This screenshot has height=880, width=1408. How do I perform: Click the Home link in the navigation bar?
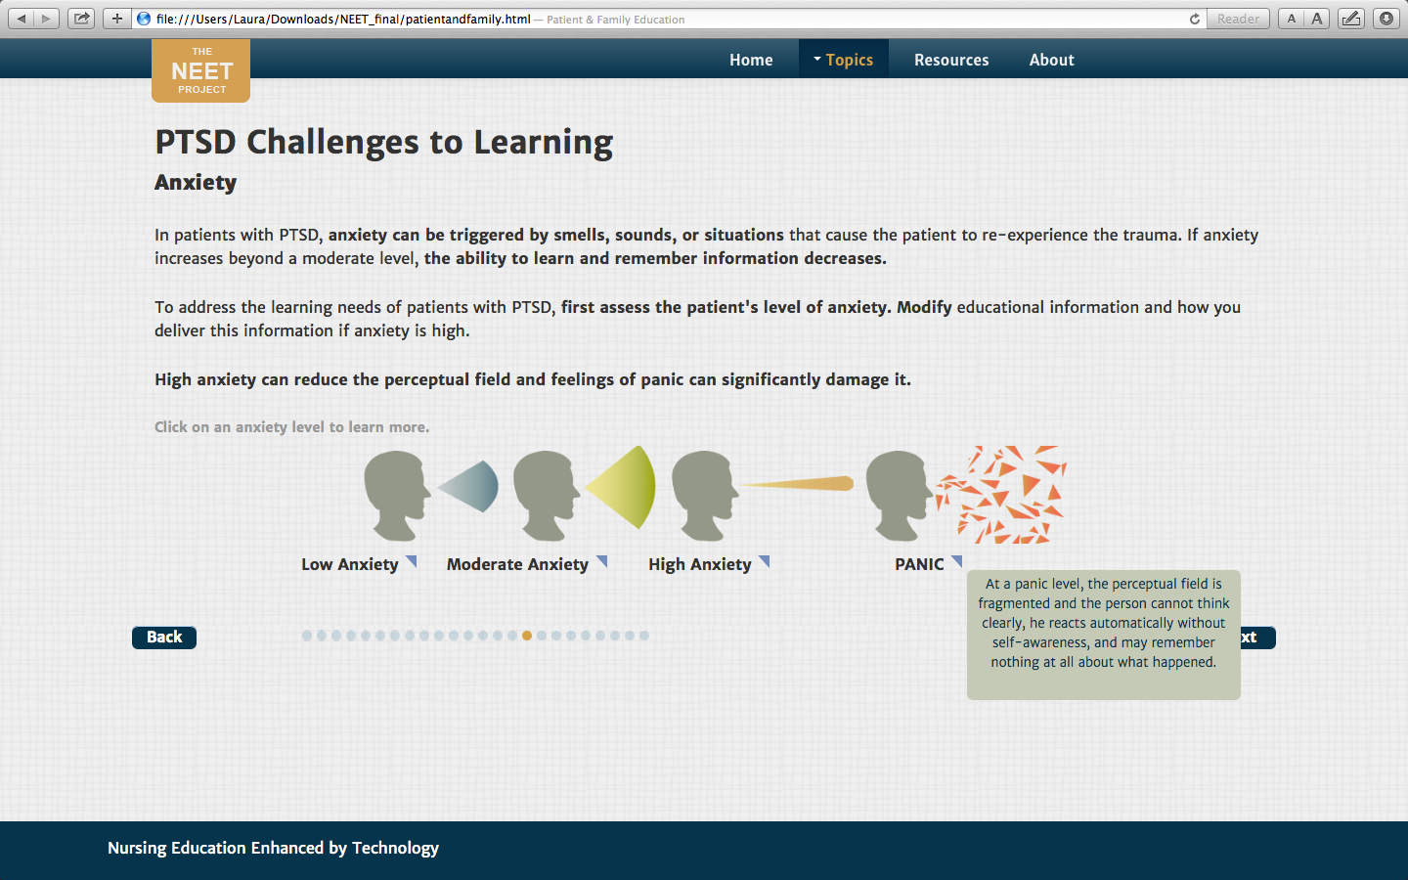coord(751,60)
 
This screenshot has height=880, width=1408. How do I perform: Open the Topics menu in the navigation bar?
coord(843,60)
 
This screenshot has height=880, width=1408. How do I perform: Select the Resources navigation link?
coord(951,60)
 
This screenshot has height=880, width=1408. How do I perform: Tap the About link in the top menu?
coord(1052,60)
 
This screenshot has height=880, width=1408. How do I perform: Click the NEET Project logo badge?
coord(201,70)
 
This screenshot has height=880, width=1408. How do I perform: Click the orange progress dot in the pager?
coord(527,636)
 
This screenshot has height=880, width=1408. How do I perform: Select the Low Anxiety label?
coord(349,564)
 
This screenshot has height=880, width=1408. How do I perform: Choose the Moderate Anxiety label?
coord(517,564)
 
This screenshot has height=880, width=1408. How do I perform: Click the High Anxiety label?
coord(700,564)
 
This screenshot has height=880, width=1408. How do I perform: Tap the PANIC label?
coord(919,564)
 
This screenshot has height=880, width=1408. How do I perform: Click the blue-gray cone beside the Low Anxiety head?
coord(469,487)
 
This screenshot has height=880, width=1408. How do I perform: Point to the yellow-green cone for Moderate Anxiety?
coord(622,487)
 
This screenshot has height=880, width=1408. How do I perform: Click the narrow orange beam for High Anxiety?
coord(796,483)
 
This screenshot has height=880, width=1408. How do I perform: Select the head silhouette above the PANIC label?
coord(899,496)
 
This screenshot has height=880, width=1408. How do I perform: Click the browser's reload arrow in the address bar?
coord(1194,19)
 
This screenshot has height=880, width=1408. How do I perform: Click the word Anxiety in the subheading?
coord(196,182)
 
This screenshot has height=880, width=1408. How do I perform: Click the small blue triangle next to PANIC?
coord(957,560)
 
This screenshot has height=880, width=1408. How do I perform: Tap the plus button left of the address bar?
coord(117,19)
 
